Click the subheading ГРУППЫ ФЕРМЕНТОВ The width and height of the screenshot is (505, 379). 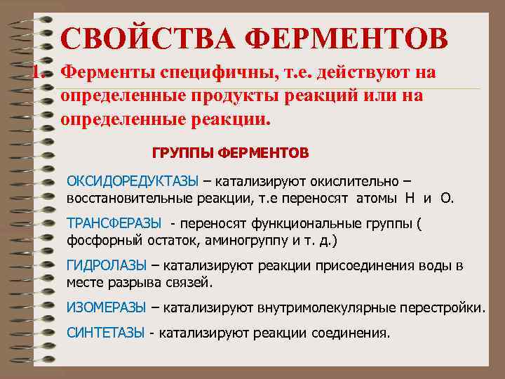(x=230, y=152)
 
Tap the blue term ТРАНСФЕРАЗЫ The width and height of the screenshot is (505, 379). (x=114, y=223)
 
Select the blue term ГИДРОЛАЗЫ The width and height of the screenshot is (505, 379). (x=106, y=265)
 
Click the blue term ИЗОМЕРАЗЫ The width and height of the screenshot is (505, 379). (x=106, y=307)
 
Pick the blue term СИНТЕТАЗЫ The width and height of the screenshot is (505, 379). (x=105, y=332)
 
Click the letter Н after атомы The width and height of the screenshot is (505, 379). (x=410, y=198)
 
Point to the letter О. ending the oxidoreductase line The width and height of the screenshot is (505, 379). (x=447, y=198)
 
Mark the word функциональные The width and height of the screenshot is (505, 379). (x=294, y=223)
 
